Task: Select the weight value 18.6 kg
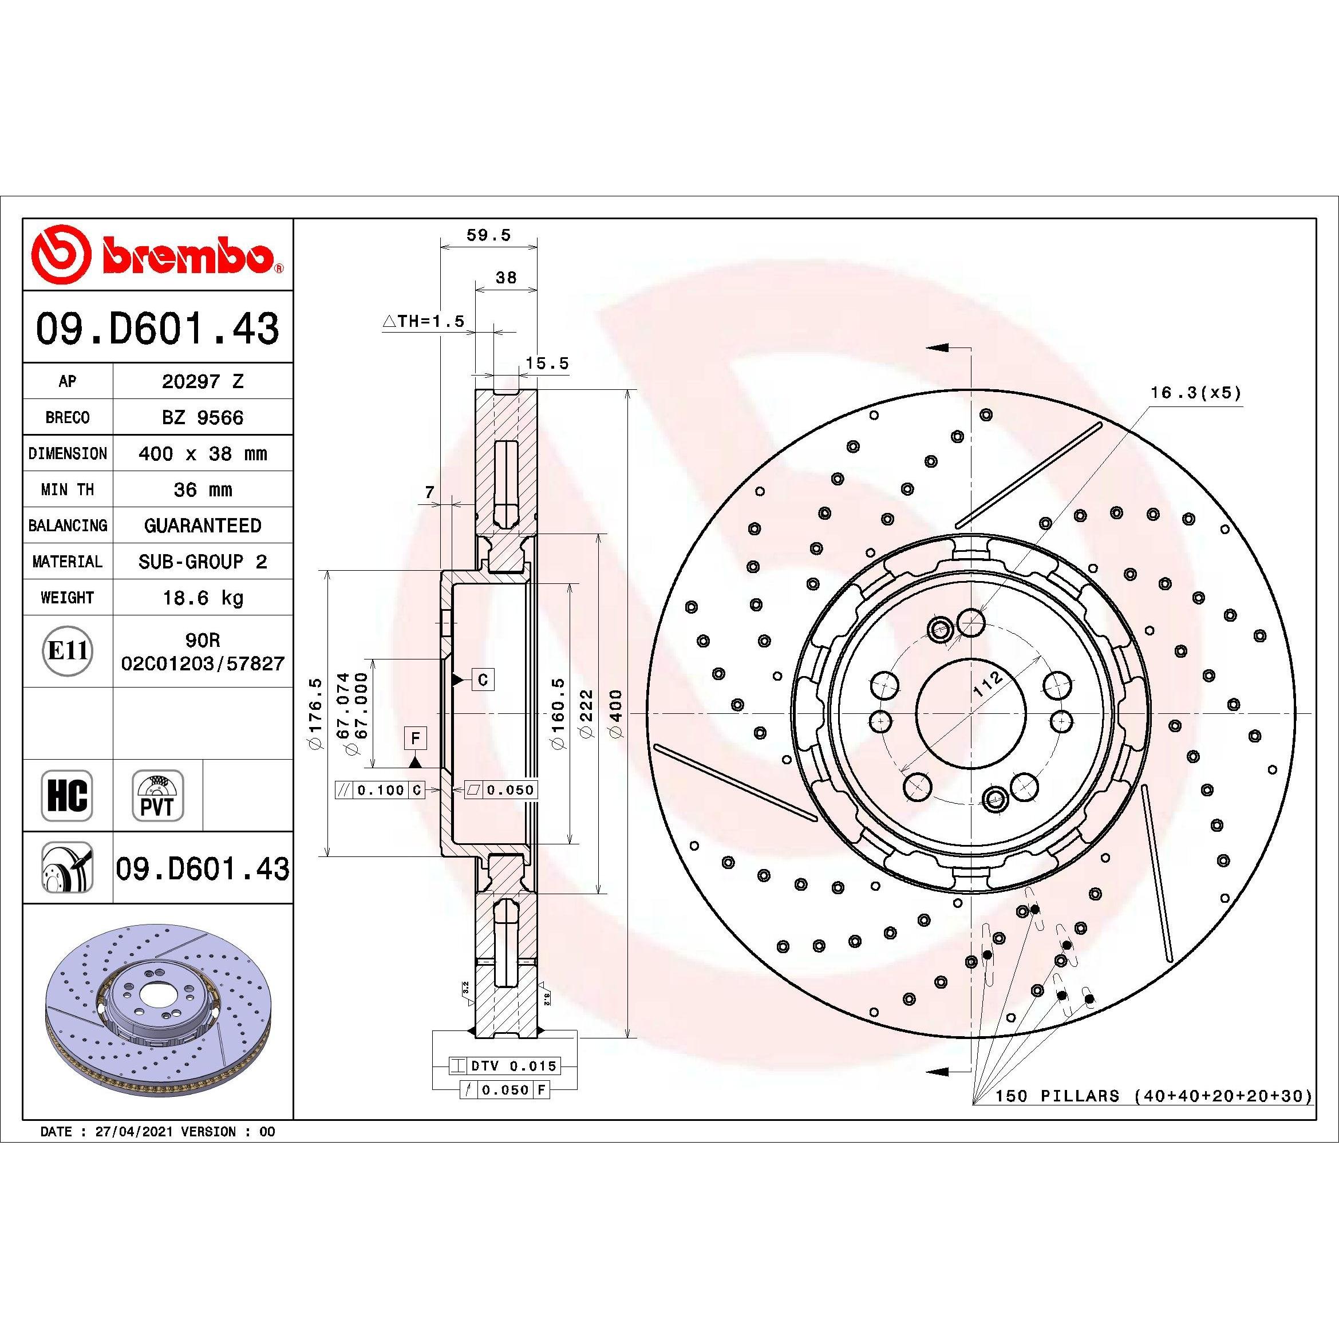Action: (x=203, y=598)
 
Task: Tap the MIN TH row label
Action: (x=67, y=490)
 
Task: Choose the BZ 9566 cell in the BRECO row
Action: (x=203, y=417)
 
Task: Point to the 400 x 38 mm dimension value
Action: (x=203, y=454)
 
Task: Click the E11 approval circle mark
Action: (x=67, y=651)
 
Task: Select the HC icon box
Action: (x=67, y=795)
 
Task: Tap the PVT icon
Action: (x=157, y=795)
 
